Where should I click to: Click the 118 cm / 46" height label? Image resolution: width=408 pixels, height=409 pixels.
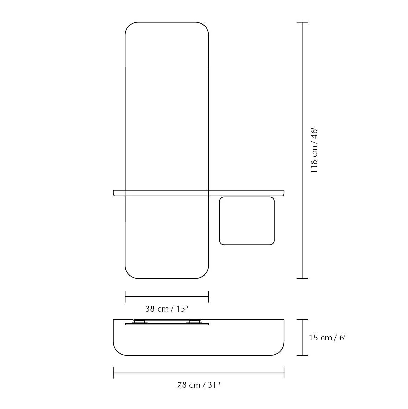click(x=314, y=150)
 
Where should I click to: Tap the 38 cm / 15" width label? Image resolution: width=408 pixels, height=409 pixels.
click(x=167, y=309)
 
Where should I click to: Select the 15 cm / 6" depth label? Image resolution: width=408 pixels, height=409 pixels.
click(x=328, y=338)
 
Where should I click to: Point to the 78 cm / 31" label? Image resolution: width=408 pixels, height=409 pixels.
click(x=199, y=385)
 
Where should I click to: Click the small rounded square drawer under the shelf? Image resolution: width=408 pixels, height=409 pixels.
click(x=247, y=221)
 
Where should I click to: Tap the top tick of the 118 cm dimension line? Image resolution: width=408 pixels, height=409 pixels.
click(x=302, y=22)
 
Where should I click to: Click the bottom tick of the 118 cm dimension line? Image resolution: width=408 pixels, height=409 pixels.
click(x=302, y=278)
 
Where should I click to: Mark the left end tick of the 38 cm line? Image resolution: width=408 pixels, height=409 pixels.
click(x=125, y=296)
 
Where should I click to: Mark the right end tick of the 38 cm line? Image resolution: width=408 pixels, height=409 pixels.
click(x=208, y=296)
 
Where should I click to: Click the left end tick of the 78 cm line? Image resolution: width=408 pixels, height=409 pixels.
click(x=113, y=373)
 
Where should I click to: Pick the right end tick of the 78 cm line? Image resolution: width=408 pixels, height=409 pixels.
click(x=284, y=373)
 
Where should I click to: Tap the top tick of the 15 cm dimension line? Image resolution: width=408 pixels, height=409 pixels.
click(x=302, y=320)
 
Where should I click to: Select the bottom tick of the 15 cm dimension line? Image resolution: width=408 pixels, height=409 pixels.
click(x=302, y=355)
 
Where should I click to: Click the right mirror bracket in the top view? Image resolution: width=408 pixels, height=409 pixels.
click(x=194, y=322)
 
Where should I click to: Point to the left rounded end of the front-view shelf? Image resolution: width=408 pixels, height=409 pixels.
click(x=114, y=193)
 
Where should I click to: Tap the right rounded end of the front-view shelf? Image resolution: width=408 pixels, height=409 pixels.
click(x=283, y=193)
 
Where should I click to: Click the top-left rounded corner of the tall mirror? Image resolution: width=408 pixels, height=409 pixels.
click(x=130, y=27)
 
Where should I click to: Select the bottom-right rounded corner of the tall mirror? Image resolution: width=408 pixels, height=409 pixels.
click(x=204, y=273)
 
